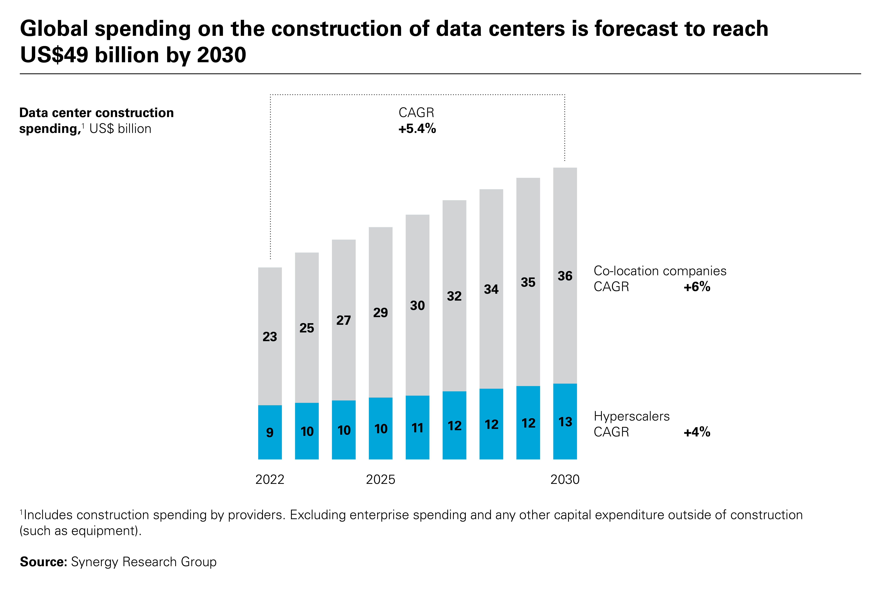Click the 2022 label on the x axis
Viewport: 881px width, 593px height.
(x=270, y=480)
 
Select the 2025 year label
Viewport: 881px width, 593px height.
(x=380, y=480)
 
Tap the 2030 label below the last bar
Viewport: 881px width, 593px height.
(x=565, y=480)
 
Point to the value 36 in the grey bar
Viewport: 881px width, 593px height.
(x=565, y=276)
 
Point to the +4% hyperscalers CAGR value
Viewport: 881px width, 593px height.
(x=697, y=432)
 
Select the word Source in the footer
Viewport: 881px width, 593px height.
(x=43, y=562)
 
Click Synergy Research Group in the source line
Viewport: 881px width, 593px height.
(x=144, y=562)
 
